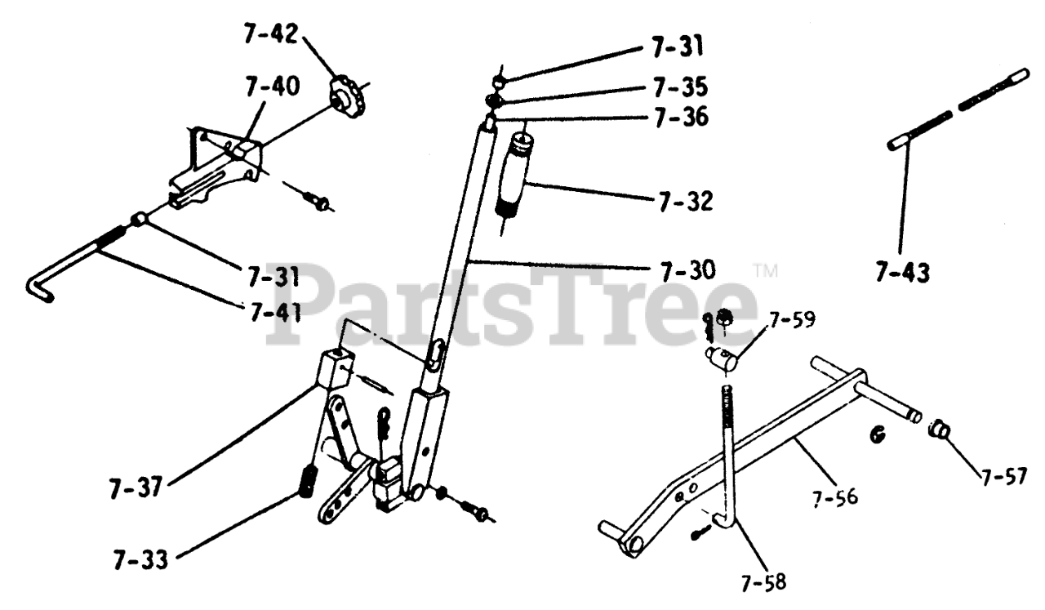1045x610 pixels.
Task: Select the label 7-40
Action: pyautogui.click(x=271, y=85)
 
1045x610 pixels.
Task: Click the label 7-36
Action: pyautogui.click(x=680, y=118)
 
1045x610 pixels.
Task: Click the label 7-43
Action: pyautogui.click(x=901, y=272)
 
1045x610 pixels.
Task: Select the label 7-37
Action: pyautogui.click(x=137, y=488)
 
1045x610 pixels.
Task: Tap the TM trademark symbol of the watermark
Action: pyautogui.click(x=764, y=269)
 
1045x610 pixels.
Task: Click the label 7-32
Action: pyautogui.click(x=685, y=200)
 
